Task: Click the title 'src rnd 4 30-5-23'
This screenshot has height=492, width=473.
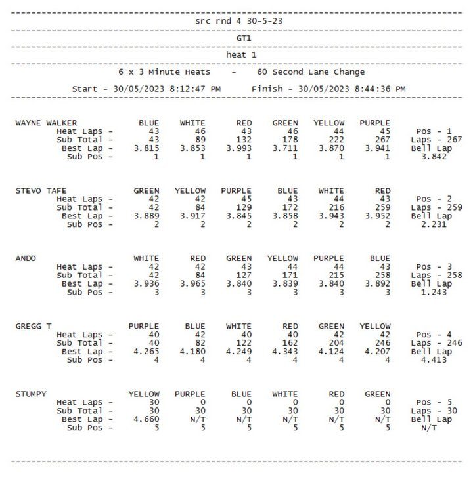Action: [239, 21]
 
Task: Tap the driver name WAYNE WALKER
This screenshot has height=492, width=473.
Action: [46, 123]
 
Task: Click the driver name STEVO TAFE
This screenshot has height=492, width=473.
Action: [41, 191]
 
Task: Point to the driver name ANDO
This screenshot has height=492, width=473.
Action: [27, 258]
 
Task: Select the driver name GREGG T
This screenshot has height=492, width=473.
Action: [34, 326]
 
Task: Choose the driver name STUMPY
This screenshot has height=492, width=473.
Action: [31, 394]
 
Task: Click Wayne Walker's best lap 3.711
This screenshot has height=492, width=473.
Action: [285, 148]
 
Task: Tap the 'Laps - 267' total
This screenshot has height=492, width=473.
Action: [436, 140]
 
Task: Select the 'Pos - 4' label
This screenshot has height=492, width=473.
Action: [434, 335]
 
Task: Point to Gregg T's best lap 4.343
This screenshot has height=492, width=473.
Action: [285, 352]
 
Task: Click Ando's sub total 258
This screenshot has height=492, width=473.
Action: [380, 276]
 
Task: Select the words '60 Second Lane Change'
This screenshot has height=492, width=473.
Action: [311, 72]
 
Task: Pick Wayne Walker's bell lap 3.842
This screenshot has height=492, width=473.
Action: [434, 157]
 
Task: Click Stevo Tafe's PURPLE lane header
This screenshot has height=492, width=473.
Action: [236, 191]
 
